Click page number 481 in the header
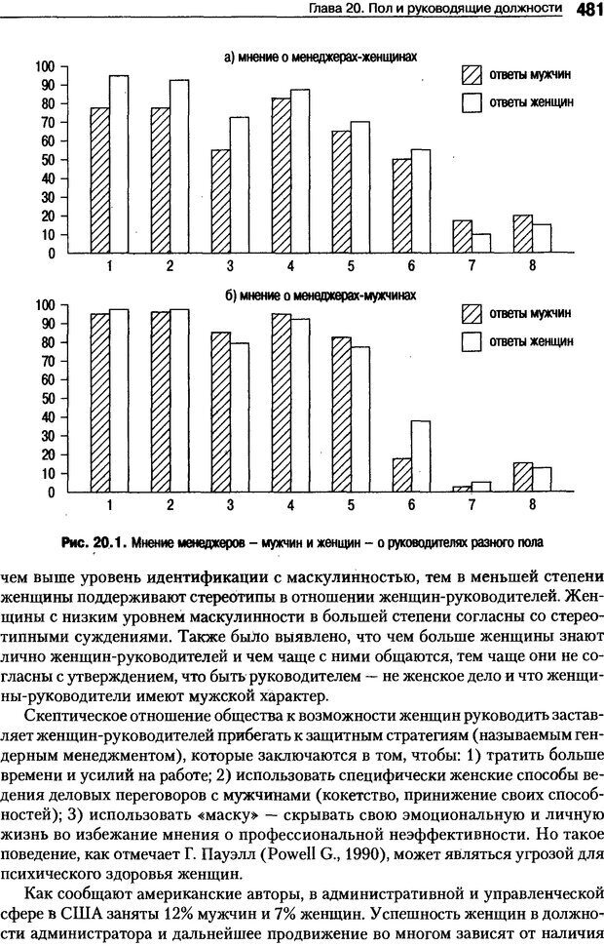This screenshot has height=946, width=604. (586, 9)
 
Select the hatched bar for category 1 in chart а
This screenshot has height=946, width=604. (99, 180)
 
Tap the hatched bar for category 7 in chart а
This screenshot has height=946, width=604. (463, 237)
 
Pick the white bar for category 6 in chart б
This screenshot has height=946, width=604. (420, 456)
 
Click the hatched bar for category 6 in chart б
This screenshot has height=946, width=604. (401, 475)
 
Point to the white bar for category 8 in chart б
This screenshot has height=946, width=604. (541, 479)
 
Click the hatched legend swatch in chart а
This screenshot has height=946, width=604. (472, 75)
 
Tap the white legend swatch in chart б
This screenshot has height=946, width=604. (472, 340)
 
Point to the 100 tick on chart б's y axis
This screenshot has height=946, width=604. (43, 305)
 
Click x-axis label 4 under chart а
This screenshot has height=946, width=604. (289, 265)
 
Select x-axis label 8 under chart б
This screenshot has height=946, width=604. (532, 504)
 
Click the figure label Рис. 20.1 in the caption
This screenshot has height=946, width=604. (91, 542)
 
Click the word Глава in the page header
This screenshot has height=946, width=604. (324, 9)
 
